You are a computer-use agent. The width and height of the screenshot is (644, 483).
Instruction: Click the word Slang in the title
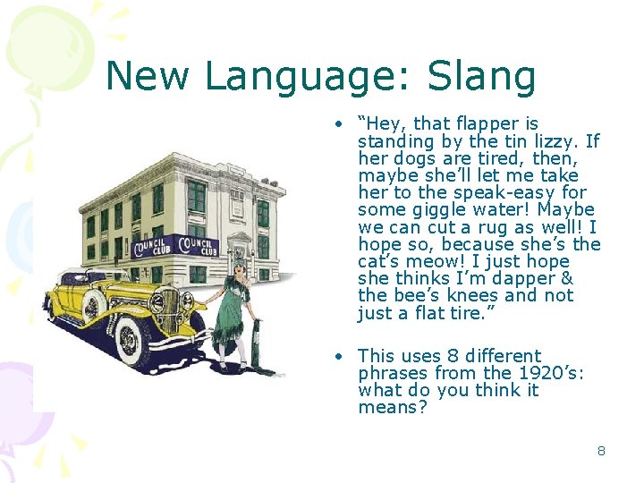(484, 77)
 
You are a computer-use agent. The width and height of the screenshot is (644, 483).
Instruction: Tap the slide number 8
(601, 451)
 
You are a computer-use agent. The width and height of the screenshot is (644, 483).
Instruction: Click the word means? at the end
(393, 408)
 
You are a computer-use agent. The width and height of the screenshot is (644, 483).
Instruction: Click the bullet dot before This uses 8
(340, 356)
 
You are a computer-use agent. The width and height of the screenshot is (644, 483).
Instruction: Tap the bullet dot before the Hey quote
(340, 124)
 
